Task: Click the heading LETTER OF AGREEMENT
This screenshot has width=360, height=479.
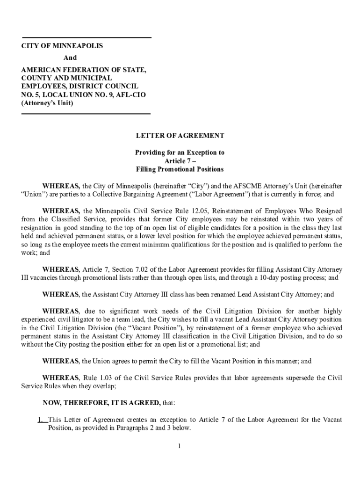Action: pyautogui.click(x=180, y=136)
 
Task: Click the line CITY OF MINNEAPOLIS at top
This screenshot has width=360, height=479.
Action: pyautogui.click(x=62, y=46)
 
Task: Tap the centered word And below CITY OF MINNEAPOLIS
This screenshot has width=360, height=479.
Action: pyautogui.click(x=70, y=58)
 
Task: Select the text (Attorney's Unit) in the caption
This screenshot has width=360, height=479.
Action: pyautogui.click(x=47, y=103)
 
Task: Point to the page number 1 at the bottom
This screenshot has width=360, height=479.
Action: pyautogui.click(x=179, y=446)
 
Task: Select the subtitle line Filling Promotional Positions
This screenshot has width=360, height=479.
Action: pyautogui.click(x=180, y=169)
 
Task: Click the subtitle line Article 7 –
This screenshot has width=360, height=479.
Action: pyautogui.click(x=180, y=161)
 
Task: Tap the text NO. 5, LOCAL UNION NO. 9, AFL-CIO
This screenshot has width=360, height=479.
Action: pyautogui.click(x=84, y=94)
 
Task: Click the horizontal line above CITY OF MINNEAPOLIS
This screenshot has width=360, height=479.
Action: pyautogui.click(x=87, y=37)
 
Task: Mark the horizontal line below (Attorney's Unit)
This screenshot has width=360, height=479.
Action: pyautogui.click(x=86, y=114)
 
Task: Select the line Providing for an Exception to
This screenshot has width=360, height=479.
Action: pyautogui.click(x=180, y=152)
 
